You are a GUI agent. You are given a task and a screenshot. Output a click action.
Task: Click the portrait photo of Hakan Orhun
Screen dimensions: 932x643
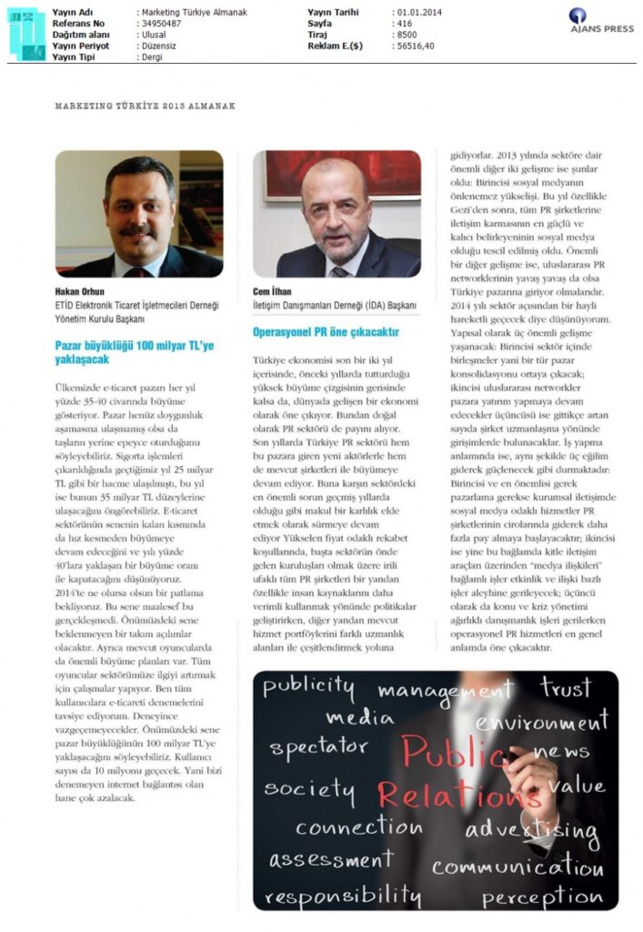(139, 214)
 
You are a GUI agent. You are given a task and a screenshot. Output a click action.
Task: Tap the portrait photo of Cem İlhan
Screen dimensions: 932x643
(337, 214)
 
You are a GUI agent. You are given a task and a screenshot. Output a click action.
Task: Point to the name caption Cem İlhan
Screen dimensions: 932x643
(271, 292)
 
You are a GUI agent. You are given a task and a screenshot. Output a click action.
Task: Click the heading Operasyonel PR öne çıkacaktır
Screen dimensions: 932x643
(325, 332)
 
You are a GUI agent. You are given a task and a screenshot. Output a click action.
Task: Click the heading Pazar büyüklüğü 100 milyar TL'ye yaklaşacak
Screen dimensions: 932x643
(135, 352)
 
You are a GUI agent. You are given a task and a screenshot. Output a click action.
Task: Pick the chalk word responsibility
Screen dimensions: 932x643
(343, 896)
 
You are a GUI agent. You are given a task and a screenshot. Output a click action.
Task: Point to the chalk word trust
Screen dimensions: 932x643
(566, 687)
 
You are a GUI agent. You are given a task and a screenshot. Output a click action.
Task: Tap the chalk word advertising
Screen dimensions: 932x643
(532, 830)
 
